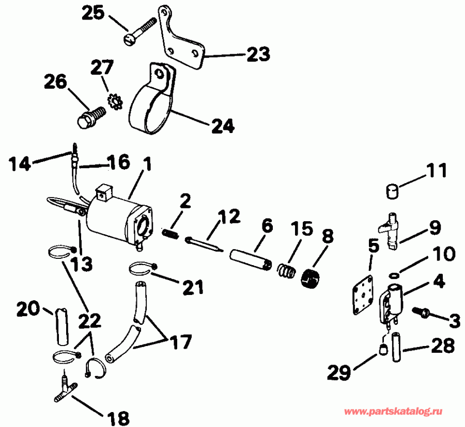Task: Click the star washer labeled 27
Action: point(114,101)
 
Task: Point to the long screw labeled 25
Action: point(141,30)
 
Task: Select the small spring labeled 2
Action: point(171,234)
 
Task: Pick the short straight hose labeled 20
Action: point(62,325)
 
